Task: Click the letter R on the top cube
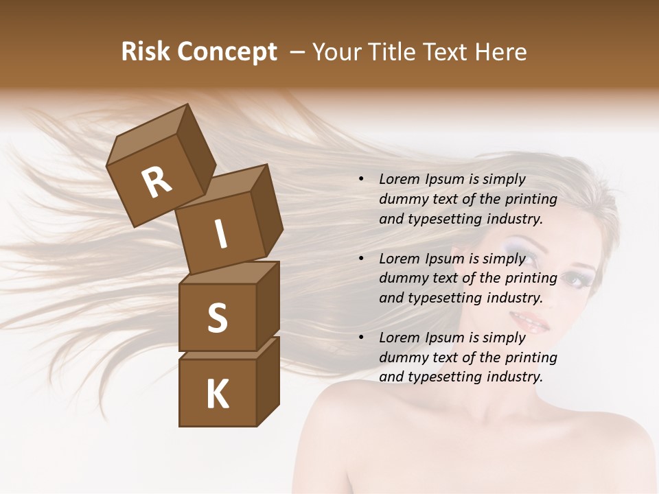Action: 157,183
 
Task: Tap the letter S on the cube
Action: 217,318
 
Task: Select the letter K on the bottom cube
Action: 218,395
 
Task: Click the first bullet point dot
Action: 361,179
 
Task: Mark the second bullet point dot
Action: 361,259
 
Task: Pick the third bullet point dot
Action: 361,338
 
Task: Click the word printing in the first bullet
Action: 531,199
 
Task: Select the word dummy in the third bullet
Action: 401,357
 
